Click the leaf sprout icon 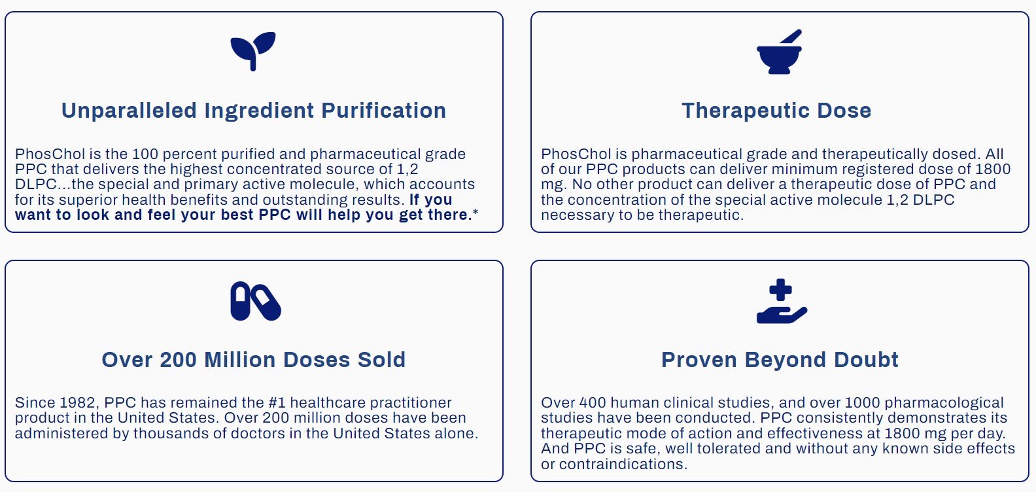tap(253, 51)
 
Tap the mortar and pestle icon tap(780, 52)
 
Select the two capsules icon tap(256, 301)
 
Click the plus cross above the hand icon tap(781, 290)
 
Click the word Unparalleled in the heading tap(129, 111)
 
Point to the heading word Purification tap(384, 111)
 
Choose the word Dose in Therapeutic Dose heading tap(844, 111)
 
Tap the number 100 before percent tap(145, 154)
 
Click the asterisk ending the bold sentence tap(475, 213)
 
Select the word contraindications tap(623, 465)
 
